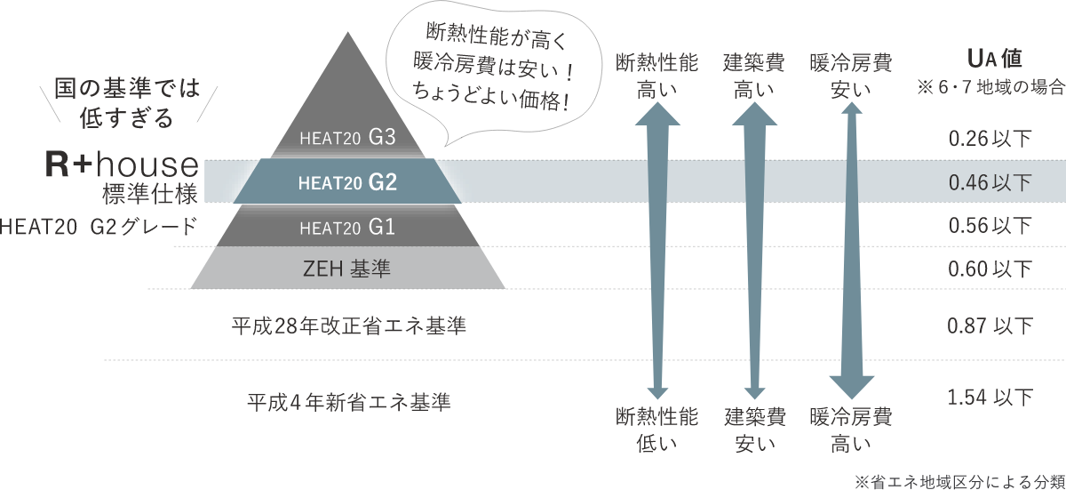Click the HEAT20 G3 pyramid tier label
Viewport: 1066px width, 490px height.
(346, 139)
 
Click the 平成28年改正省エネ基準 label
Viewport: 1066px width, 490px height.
(347, 327)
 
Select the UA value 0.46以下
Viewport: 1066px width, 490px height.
(990, 183)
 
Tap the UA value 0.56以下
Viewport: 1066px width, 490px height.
(990, 226)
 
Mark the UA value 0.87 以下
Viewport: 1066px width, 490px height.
(990, 326)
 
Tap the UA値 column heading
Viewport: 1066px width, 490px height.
(993, 60)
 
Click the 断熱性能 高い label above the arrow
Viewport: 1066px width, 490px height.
(656, 75)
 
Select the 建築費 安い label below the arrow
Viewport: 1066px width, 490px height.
(754, 429)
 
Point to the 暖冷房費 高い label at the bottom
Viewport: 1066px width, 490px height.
(850, 429)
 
